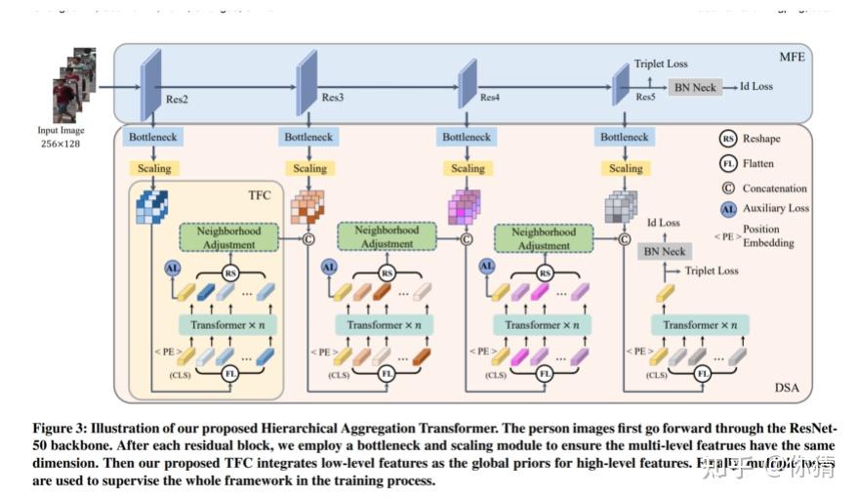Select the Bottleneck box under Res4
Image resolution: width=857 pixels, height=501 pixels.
(467, 138)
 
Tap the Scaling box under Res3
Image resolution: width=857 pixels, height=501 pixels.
(309, 168)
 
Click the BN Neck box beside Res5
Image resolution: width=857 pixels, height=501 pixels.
(695, 87)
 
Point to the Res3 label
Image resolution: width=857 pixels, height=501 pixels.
(333, 97)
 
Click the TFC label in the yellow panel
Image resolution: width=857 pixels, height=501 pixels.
(258, 194)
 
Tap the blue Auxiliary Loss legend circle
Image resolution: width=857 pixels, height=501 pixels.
(728, 208)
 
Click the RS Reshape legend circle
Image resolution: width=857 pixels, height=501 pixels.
(728, 139)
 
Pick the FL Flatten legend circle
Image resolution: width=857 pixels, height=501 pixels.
(728, 162)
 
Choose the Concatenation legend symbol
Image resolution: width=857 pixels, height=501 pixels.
(728, 188)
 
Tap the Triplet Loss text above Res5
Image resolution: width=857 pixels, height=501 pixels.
(661, 63)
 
